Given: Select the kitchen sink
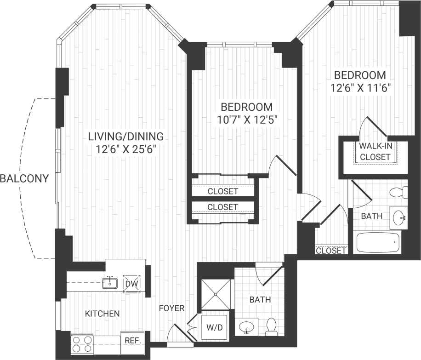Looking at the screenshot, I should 110,283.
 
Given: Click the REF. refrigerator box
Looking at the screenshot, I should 132,341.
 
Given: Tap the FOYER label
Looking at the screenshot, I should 172,308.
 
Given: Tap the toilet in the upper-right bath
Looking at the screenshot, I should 398,192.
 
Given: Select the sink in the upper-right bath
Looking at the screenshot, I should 398,217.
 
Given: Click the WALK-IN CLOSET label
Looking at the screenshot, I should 375,151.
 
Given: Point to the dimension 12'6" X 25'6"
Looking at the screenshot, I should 125,150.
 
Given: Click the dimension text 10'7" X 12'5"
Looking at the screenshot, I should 246,120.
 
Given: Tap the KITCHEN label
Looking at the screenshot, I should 102,314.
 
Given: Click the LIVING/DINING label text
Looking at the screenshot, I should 125,136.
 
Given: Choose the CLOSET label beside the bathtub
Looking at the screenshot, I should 331,251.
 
